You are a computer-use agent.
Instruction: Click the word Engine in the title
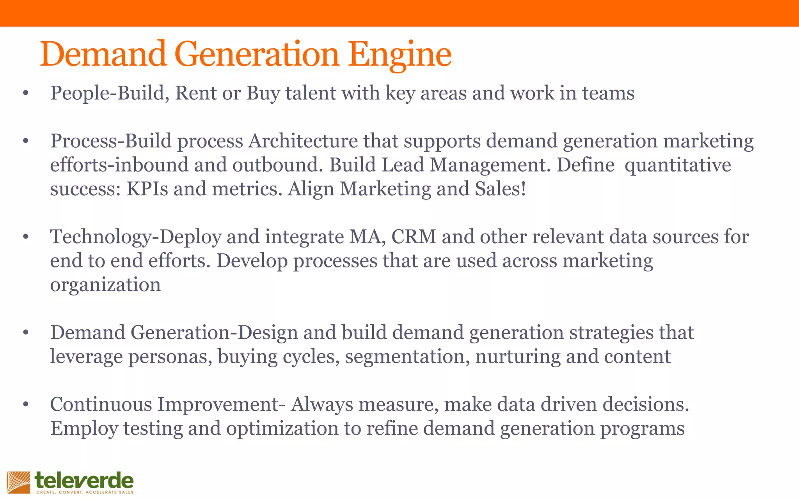tap(399, 55)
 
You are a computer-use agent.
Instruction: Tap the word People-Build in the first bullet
tap(109, 93)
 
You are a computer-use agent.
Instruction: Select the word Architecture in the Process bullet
tap(303, 141)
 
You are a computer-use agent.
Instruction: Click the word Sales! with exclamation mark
tap(501, 189)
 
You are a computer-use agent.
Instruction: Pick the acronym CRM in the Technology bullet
tap(414, 237)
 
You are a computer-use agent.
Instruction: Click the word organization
tap(105, 285)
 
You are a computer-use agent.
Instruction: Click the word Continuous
tap(101, 404)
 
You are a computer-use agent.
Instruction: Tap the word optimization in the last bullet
tap(282, 428)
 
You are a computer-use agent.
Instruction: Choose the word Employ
tap(84, 428)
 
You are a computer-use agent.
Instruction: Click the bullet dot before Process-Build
tap(26, 141)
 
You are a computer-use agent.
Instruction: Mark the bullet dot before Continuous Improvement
tap(26, 405)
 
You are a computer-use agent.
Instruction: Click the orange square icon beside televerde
tap(18, 482)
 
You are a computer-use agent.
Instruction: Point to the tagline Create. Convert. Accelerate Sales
tap(85, 492)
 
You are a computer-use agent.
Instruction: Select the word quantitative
tap(678, 165)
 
